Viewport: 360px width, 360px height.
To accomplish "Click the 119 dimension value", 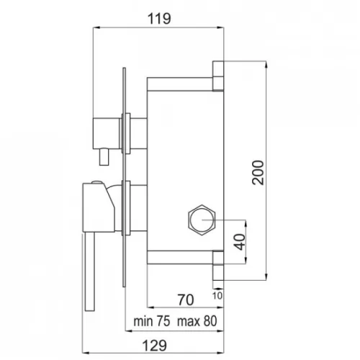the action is point(159,19).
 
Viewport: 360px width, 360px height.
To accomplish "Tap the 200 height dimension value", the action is point(258,173).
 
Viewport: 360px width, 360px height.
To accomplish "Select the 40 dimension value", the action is point(240,242).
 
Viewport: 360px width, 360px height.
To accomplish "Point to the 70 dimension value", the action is point(186,300).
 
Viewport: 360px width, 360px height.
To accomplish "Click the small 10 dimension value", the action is point(217,296).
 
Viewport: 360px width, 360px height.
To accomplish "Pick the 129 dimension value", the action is point(154,346).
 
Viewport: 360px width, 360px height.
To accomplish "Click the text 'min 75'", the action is point(152,321).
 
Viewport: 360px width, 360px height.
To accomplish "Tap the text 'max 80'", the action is point(197,321).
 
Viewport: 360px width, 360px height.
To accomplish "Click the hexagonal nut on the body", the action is point(202,220).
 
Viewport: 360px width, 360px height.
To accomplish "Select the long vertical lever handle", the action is point(90,271).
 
